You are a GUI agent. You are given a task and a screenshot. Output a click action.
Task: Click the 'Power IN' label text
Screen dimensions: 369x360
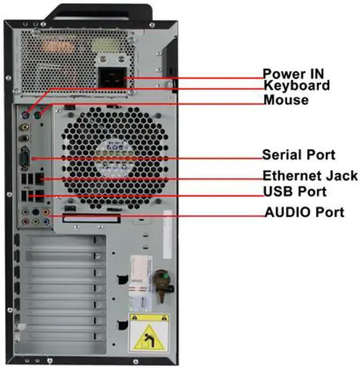pos(293,74)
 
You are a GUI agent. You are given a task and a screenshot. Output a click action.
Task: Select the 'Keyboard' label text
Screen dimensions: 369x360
pos(297,86)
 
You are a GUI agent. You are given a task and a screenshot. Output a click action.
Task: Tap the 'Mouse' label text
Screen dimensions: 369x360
pos(286,100)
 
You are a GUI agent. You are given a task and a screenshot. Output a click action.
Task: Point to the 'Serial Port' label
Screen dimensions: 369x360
pos(299,155)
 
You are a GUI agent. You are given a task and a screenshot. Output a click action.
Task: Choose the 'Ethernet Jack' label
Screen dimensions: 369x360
pos(310,175)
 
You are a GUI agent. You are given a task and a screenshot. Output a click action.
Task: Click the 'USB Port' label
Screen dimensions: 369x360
pos(295,192)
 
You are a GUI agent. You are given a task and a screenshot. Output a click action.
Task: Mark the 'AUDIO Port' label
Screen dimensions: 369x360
pos(304,212)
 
